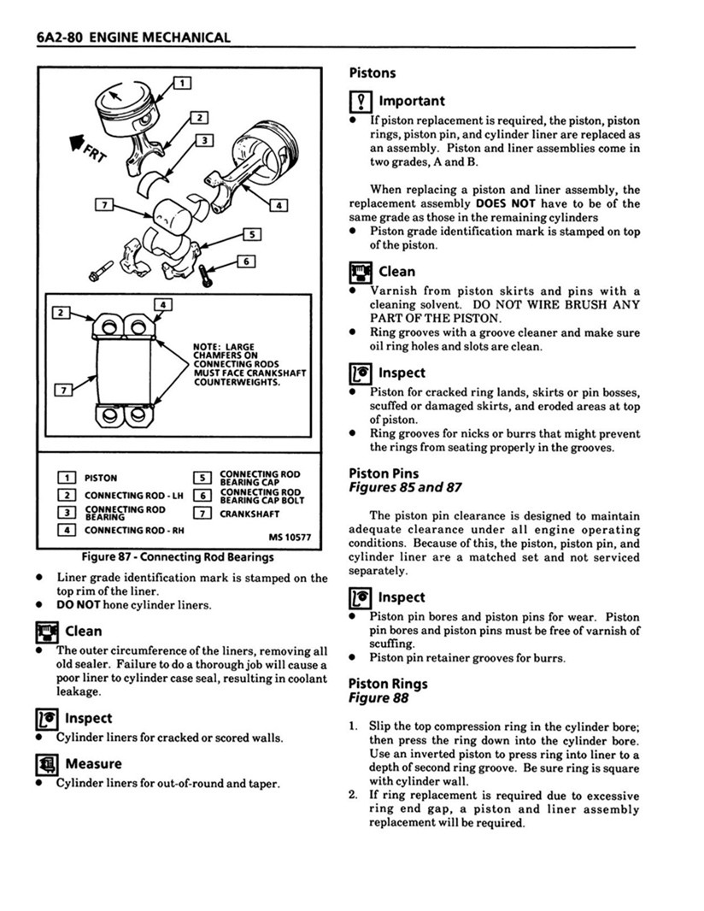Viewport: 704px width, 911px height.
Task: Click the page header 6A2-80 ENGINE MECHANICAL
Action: tap(134, 38)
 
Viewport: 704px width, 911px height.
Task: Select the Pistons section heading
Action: tap(372, 73)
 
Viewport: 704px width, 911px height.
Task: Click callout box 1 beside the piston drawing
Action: tap(182, 83)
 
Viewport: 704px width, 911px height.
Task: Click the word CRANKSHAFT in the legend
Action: tap(249, 514)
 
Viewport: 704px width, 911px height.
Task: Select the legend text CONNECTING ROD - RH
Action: tap(125, 531)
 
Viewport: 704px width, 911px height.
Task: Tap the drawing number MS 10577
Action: tap(289, 538)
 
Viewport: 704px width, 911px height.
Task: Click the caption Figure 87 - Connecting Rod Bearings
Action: tap(178, 557)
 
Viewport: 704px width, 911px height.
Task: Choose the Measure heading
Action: tap(93, 763)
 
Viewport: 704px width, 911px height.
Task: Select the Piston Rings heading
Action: tap(388, 684)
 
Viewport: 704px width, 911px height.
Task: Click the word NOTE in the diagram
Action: tap(208, 347)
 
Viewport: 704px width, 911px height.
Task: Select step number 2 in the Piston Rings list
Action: tap(353, 796)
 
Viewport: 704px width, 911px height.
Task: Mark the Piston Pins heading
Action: tap(383, 473)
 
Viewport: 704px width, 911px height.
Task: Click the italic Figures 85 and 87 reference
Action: tap(405, 487)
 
